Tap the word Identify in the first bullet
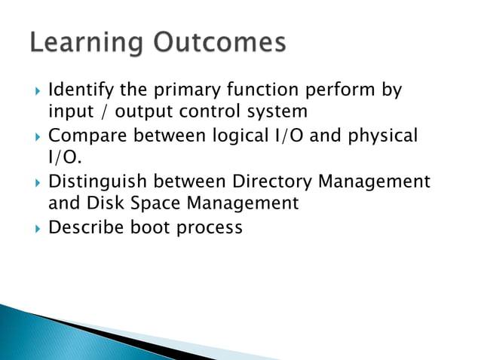point(79,91)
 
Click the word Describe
point(85,227)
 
